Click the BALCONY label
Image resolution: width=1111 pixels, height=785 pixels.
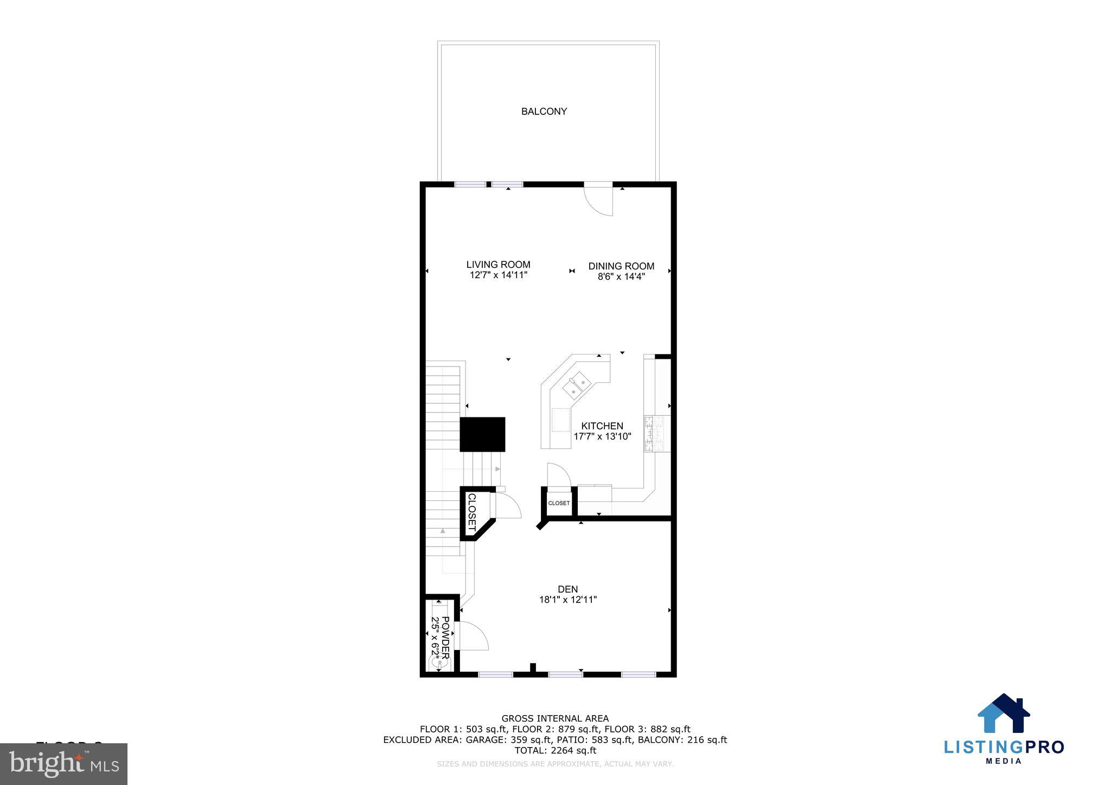544,111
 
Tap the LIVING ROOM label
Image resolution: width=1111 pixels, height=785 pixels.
498,265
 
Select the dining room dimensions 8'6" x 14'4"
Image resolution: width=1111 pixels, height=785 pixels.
621,276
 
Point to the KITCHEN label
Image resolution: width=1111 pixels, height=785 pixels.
602,426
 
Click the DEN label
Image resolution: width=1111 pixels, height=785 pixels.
567,589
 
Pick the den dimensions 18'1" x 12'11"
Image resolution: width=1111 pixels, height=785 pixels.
567,600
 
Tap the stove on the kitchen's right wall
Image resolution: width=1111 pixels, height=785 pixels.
657,433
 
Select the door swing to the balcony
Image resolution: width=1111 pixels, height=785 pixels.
600,201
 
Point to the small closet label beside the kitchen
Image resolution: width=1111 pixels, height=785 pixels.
559,503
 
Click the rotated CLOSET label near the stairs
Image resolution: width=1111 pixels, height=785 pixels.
471,512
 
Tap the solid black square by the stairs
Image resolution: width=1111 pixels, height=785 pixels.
482,434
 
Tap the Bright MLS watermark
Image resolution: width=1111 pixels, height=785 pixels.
64,764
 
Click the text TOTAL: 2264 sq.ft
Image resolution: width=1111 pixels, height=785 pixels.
555,750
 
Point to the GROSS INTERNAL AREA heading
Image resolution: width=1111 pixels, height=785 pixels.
555,719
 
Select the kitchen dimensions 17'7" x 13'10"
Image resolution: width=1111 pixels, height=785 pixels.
602,436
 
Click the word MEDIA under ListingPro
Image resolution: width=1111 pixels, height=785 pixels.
1004,761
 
